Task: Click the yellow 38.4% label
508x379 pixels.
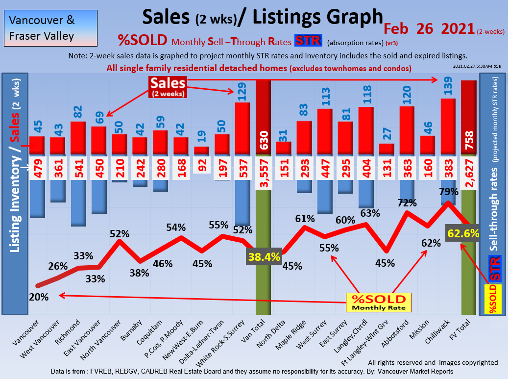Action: click(264, 256)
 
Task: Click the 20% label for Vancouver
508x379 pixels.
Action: click(39, 297)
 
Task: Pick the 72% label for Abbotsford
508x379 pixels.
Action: click(407, 202)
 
